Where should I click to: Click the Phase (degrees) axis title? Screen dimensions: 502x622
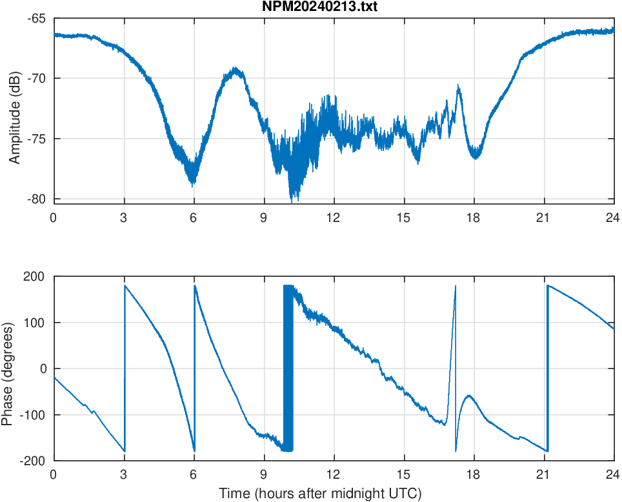coord(7,368)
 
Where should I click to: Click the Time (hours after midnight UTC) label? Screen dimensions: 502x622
coord(320,494)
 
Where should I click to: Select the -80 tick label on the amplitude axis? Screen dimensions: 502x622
coord(36,199)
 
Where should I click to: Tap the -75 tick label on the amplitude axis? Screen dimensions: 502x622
coord(36,139)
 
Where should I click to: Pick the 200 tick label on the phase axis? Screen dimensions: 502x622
coord(35,277)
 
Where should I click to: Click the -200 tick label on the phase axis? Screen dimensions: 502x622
coord(33,461)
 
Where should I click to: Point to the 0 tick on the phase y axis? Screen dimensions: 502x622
coord(42,368)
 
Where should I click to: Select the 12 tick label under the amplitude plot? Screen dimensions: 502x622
coord(334,217)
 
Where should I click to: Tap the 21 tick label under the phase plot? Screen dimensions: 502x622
coord(544,474)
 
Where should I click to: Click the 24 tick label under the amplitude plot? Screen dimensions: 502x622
coord(614,217)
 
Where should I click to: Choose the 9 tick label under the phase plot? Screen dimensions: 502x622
coord(264,474)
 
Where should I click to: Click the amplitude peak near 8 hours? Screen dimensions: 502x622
coord(236,68)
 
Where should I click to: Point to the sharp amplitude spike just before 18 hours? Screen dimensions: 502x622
coord(458,86)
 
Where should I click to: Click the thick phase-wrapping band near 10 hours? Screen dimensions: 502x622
coord(288,368)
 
